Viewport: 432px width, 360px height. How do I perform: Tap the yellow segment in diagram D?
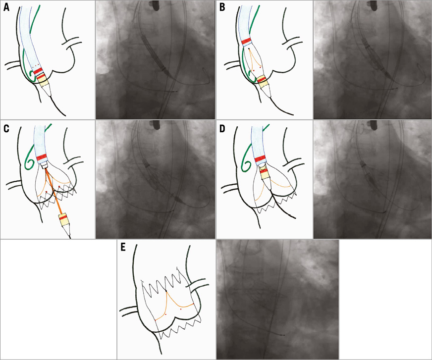266,173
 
